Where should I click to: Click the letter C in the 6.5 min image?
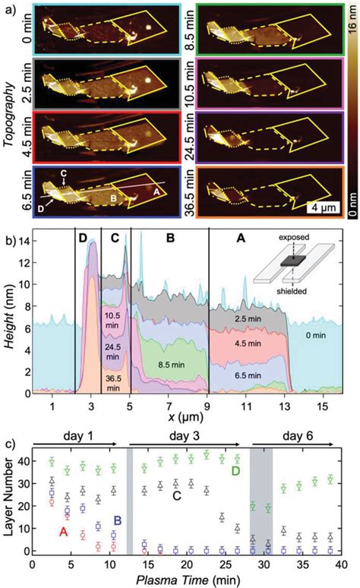(x=64, y=173)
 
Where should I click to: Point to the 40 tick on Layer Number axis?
(x=21, y=461)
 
